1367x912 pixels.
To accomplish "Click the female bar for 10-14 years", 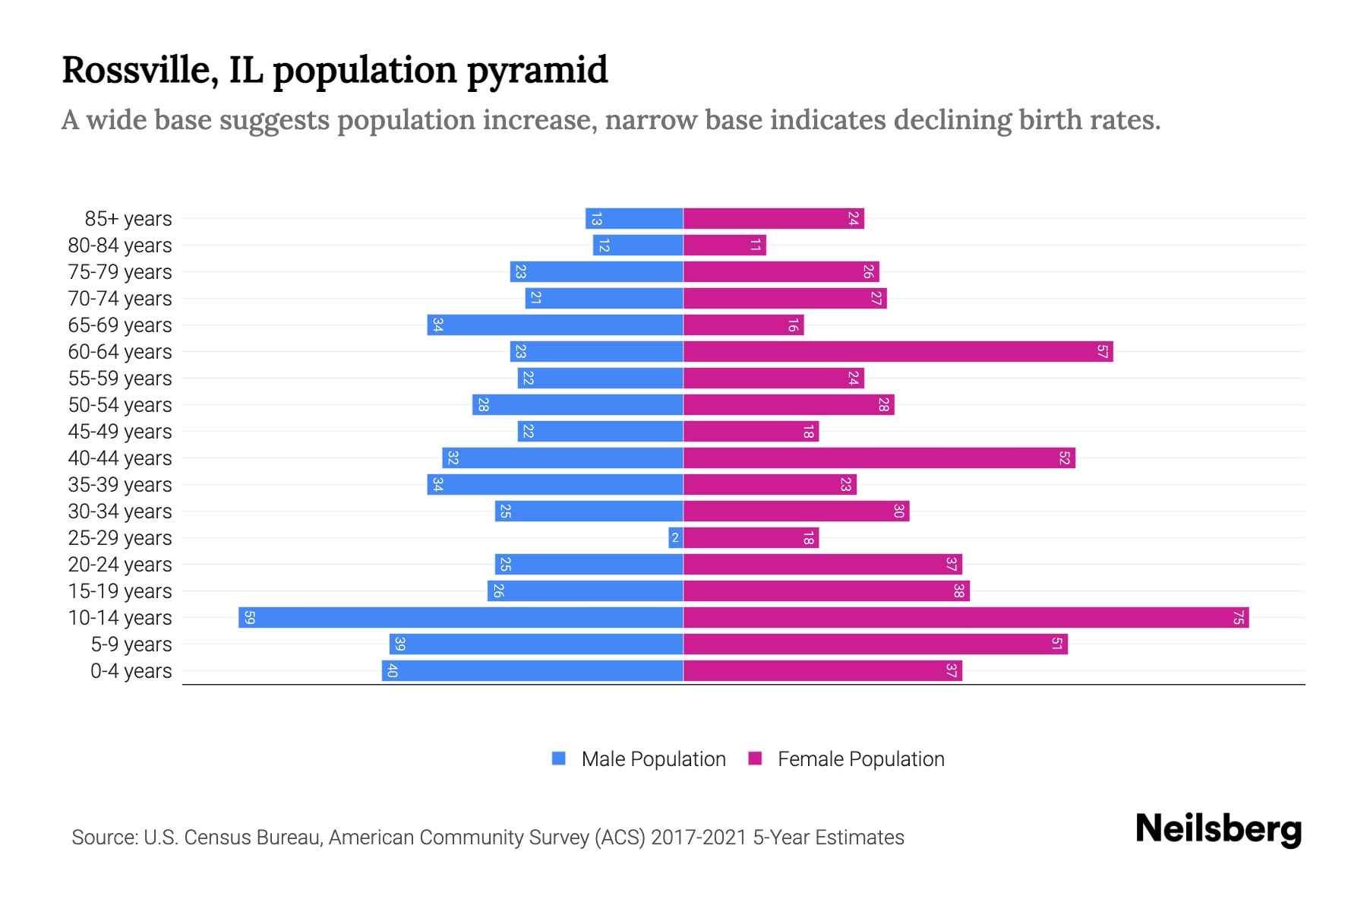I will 966,617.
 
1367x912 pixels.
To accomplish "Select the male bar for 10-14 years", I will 461,617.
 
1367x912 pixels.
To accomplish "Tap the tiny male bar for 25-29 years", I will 675,538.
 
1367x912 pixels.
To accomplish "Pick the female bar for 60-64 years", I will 898,352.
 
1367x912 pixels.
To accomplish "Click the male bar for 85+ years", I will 634,219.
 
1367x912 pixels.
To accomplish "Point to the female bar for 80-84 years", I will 725,245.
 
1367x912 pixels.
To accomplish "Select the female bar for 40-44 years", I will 879,458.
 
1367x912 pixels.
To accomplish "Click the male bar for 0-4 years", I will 532,671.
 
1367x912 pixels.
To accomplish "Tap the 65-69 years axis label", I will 120,325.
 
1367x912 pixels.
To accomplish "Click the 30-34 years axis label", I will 120,511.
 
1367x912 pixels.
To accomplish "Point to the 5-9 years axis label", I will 131,644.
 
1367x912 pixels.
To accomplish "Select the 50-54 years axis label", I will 120,405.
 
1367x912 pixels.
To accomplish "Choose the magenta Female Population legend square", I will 755,758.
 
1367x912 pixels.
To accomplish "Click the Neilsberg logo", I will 1218,830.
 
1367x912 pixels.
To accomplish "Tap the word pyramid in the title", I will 537,71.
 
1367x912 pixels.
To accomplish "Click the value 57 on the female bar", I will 1102,352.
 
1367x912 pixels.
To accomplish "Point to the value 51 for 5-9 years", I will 1056,644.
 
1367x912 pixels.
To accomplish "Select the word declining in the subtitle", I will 952,120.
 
